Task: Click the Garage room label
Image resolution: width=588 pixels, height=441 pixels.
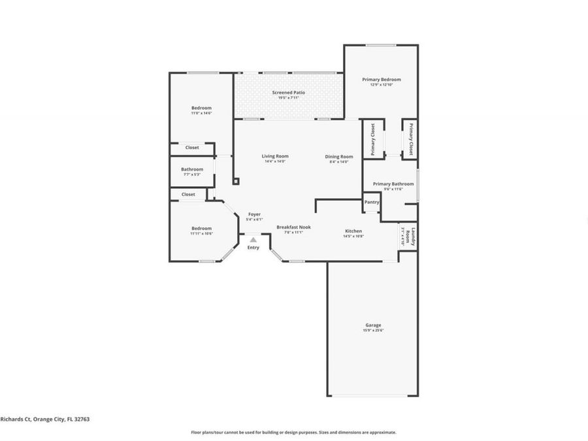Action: pos(373,325)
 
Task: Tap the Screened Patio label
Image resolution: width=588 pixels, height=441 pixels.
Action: pos(288,93)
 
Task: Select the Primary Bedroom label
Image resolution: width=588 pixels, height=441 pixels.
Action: pos(382,79)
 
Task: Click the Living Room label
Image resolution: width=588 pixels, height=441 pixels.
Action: pos(275,156)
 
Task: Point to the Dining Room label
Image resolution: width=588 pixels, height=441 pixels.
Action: pos(339,156)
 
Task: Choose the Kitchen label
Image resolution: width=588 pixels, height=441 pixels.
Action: pos(353,231)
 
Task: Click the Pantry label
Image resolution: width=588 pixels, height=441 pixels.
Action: pos(371,203)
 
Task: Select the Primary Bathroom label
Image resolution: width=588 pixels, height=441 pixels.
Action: pos(393,184)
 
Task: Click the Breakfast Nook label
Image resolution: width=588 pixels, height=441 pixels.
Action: pos(293,227)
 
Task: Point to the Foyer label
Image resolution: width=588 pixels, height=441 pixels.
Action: pos(253,214)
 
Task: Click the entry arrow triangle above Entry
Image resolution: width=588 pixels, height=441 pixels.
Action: pos(253,240)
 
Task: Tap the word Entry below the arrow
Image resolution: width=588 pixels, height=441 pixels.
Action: pos(253,248)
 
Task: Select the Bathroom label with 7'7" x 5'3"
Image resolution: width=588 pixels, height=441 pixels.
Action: pos(192,169)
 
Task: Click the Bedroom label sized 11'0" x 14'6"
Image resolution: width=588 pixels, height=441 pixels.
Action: pos(201,108)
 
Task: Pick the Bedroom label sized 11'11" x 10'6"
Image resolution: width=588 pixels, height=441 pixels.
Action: pos(201,228)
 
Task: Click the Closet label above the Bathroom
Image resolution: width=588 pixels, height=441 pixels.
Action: pos(192,148)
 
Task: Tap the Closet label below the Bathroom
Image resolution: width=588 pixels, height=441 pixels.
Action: pos(188,194)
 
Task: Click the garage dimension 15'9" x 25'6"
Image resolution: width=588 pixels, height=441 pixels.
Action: pos(373,331)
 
